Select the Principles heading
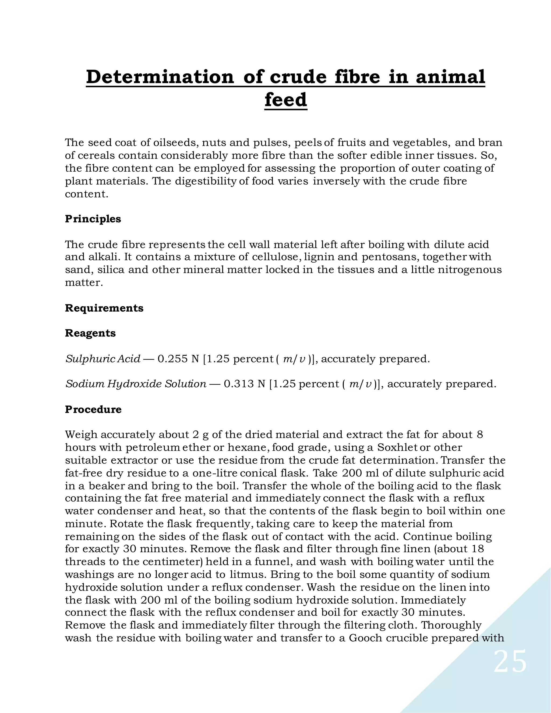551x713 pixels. (x=93, y=219)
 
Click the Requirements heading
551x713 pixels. (x=104, y=308)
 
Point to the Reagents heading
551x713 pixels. (x=90, y=333)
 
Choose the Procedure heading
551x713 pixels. (x=93, y=410)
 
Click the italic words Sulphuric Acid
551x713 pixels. (x=103, y=359)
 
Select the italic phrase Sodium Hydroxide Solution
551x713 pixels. (x=136, y=384)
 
